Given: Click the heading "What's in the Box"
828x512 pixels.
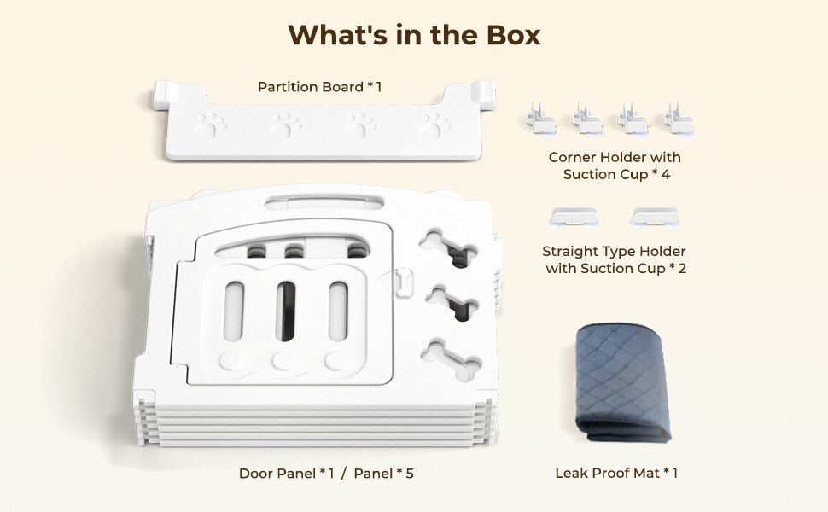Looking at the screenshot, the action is tap(415, 35).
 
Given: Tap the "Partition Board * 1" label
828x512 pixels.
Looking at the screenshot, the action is tap(319, 86).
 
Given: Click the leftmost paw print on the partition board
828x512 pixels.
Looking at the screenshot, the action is tap(211, 125).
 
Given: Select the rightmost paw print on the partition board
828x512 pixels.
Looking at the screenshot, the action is tap(434, 125).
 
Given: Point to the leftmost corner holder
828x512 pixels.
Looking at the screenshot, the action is tap(540, 119).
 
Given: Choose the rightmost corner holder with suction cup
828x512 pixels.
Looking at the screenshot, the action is tap(679, 119).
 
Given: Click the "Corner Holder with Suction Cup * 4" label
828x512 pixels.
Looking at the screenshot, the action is tap(615, 166).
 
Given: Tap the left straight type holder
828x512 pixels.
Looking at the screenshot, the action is tap(574, 217).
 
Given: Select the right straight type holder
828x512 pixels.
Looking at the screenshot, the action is tap(654, 217).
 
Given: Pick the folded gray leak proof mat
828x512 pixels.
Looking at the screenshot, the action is tap(622, 383).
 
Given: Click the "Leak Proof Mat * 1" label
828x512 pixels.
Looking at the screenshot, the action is tap(616, 473).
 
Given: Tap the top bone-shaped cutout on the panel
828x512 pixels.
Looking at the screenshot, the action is tap(448, 247).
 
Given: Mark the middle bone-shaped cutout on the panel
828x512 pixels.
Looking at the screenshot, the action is tap(452, 302).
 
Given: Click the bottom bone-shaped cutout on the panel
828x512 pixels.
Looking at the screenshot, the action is tap(451, 360).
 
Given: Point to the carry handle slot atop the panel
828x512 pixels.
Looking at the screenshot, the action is tap(324, 202).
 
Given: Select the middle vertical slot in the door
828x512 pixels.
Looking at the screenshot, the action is tap(285, 311).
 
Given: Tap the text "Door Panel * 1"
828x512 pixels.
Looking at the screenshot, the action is tap(287, 474).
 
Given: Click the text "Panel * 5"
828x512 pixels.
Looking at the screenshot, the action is tap(384, 474).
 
